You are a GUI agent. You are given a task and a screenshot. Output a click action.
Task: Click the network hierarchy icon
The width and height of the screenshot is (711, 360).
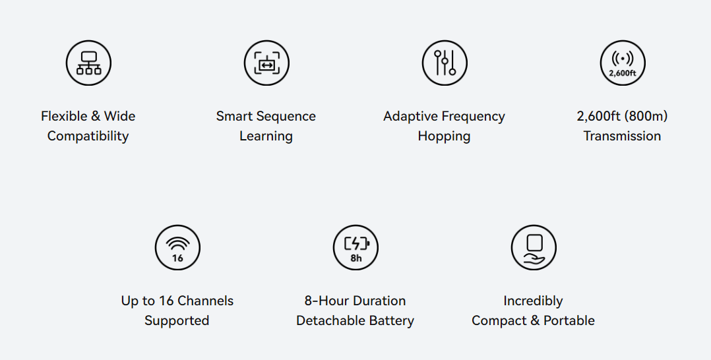[x=88, y=63]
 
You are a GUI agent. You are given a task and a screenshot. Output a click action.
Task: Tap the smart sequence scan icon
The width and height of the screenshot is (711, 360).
[x=266, y=63]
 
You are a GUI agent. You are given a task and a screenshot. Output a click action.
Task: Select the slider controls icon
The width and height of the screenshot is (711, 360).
[x=445, y=63]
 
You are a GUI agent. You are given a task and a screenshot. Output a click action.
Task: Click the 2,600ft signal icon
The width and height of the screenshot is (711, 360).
[x=623, y=63]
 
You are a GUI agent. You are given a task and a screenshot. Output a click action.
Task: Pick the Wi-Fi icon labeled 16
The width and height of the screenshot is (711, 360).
[x=177, y=247]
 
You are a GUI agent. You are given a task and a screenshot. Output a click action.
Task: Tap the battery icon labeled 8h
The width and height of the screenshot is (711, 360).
[x=355, y=247]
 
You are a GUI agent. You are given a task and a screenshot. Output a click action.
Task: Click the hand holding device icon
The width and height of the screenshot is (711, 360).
[x=534, y=247]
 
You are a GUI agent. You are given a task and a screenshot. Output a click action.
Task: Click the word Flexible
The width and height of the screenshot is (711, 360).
[x=64, y=116]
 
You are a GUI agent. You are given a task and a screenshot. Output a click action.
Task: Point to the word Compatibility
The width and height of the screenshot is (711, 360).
[x=88, y=136]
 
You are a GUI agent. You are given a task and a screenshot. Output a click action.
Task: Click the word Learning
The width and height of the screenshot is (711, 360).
[x=266, y=136]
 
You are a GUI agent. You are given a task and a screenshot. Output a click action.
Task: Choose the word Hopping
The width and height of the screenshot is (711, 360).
[x=445, y=136]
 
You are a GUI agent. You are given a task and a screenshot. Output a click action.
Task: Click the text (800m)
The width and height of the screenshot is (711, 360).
[x=646, y=116]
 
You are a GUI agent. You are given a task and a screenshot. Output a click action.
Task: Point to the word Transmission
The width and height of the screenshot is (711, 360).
[x=622, y=136]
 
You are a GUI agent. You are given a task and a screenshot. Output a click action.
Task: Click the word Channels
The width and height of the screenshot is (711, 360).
[x=205, y=301]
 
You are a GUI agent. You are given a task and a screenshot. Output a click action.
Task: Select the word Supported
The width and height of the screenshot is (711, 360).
[x=177, y=320]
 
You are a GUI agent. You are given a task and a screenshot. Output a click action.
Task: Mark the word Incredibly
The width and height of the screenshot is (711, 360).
[x=533, y=301]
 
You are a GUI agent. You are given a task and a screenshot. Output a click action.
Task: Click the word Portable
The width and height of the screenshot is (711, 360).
[x=569, y=320]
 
